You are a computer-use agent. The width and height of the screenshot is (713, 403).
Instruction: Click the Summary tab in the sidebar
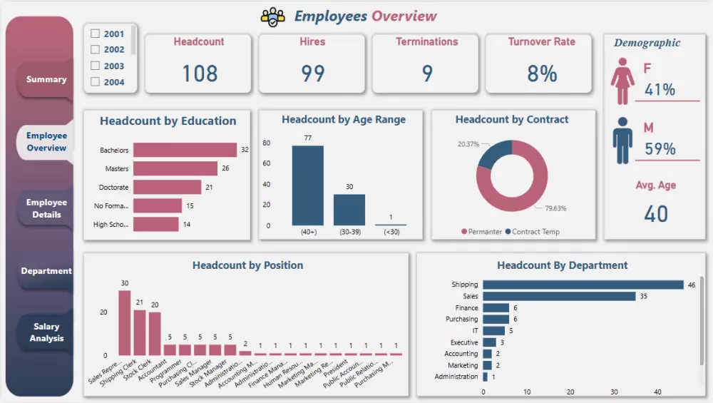pyautogui.click(x=46, y=79)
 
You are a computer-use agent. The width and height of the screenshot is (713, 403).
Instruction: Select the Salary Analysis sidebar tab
pyautogui.click(x=46, y=332)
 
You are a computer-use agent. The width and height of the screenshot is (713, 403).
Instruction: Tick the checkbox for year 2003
pyautogui.click(x=95, y=66)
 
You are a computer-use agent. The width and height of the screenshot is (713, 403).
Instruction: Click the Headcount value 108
pyautogui.click(x=199, y=73)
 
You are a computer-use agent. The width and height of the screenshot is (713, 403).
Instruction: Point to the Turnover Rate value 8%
pyautogui.click(x=541, y=73)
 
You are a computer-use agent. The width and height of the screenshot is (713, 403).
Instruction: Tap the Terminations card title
pyautogui.click(x=427, y=42)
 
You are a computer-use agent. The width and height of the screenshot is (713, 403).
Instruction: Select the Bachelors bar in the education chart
pyautogui.click(x=185, y=150)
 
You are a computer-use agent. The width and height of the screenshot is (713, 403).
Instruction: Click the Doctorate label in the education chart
pyautogui.click(x=114, y=188)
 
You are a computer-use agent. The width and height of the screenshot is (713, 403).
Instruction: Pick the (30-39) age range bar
pyautogui.click(x=349, y=210)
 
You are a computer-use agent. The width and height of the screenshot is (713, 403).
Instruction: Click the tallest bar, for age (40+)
pyautogui.click(x=307, y=185)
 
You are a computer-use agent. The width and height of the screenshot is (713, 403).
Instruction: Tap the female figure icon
pyautogui.click(x=622, y=82)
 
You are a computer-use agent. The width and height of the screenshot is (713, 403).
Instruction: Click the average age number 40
pyautogui.click(x=656, y=214)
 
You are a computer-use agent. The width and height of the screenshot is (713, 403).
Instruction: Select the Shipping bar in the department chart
pyautogui.click(x=583, y=285)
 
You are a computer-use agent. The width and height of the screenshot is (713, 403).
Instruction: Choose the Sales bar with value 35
pyautogui.click(x=559, y=296)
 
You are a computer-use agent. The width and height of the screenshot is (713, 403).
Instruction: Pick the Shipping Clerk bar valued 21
pyautogui.click(x=140, y=332)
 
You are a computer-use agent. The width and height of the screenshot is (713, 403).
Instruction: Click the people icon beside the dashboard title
pyautogui.click(x=273, y=16)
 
